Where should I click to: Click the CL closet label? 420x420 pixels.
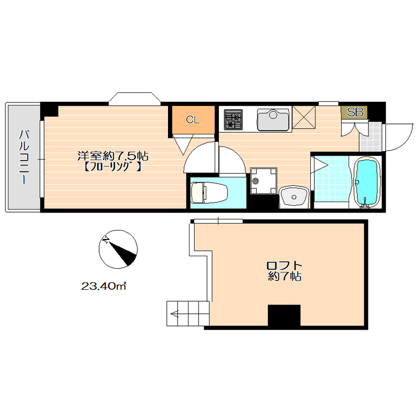click(193, 120)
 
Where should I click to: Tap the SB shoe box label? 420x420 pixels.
click(355, 112)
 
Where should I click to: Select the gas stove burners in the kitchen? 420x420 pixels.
click(233, 120)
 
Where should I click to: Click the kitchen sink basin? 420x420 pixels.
click(273, 120)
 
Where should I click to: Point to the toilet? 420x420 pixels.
click(209, 193)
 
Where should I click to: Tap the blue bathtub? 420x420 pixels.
click(367, 183)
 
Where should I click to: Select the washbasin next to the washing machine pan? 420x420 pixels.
click(294, 197)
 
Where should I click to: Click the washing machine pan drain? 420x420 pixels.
click(256, 181)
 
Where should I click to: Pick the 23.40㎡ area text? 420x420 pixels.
click(103, 286)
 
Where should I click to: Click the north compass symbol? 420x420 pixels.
click(118, 249)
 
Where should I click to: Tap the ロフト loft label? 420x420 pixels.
click(284, 266)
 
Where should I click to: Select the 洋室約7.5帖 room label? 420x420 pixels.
click(113, 155)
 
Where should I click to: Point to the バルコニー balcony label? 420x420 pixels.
click(24, 157)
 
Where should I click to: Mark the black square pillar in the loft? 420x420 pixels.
click(284, 315)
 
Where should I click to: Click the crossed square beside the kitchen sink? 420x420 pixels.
click(304, 117)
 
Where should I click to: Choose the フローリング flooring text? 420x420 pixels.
click(113, 167)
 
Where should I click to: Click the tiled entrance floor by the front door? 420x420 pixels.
click(371, 137)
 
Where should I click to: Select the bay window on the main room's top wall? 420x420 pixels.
click(135, 99)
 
